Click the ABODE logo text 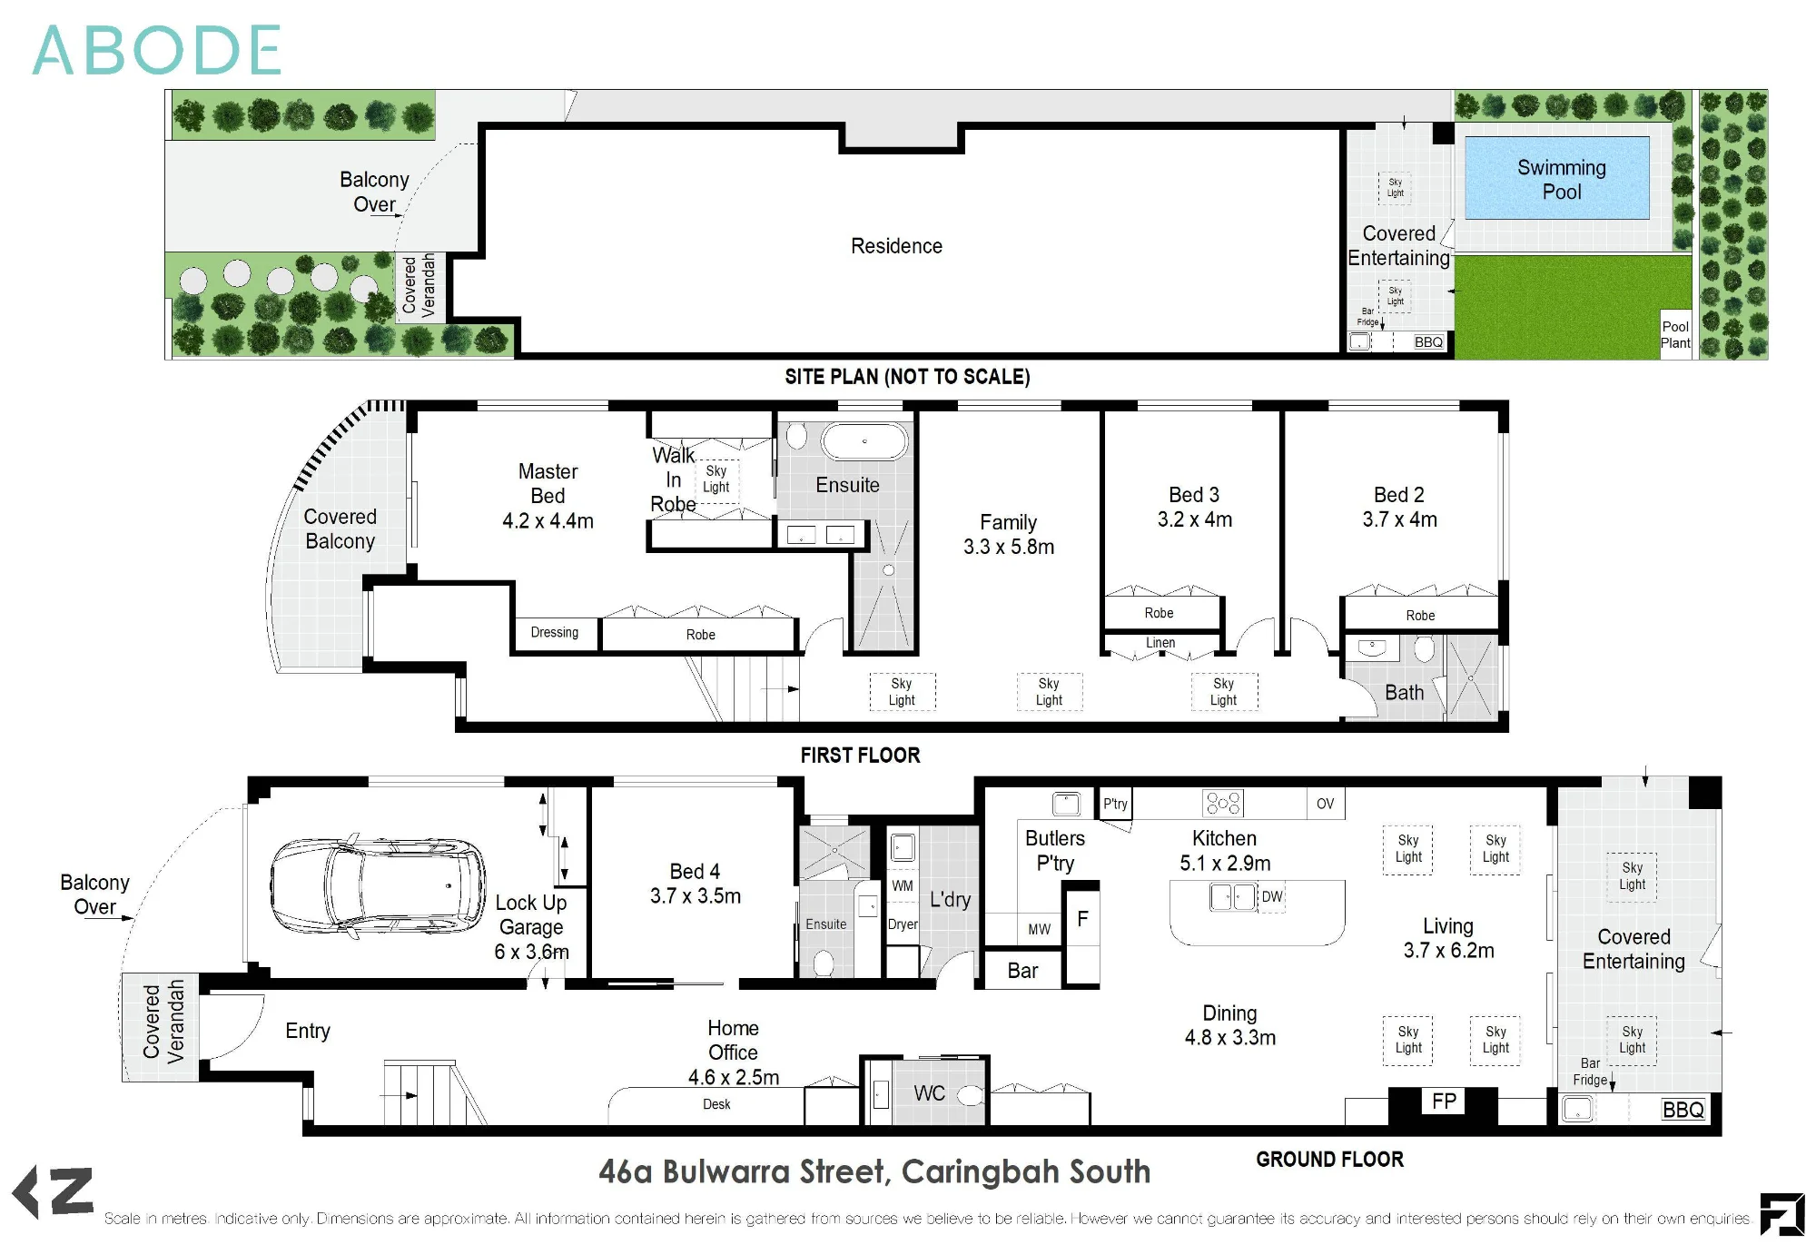coord(156,51)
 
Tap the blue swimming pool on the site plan coord(1556,178)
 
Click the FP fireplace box coord(1444,1102)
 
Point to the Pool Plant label coord(1675,335)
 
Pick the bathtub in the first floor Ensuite coord(864,442)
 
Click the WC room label coord(929,1093)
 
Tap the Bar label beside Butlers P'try coord(1022,971)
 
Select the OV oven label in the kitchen coord(1325,804)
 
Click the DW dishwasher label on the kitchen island coord(1272,897)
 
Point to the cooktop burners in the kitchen coord(1223,803)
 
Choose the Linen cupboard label coord(1160,643)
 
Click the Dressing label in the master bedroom coord(554,632)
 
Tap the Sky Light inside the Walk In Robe coord(716,479)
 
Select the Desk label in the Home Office coord(716,1104)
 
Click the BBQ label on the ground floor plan coord(1683,1110)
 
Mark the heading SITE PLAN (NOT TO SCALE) coord(907,377)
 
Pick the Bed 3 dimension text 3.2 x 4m coord(1195,519)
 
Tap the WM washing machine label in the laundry coord(902,885)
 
